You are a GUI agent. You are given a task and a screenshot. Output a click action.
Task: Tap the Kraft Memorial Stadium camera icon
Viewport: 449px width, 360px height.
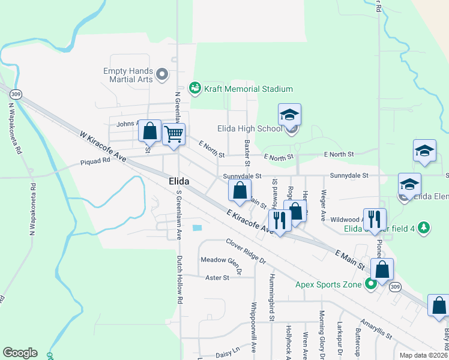194,89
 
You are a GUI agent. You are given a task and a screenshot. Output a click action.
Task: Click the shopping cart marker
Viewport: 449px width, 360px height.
173,134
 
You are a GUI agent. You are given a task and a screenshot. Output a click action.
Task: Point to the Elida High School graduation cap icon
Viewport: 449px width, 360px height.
290,114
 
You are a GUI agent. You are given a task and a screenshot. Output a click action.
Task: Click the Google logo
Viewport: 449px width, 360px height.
20,353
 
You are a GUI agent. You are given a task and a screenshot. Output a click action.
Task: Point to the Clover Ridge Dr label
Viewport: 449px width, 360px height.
246,251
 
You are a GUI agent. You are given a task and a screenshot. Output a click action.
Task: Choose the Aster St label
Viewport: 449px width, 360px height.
217,278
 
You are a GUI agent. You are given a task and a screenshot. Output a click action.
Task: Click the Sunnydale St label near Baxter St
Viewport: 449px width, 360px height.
243,176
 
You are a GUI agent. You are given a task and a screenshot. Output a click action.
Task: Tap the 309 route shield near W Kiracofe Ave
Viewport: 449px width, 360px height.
16,94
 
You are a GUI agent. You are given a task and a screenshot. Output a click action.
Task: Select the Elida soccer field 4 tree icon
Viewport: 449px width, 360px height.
424,227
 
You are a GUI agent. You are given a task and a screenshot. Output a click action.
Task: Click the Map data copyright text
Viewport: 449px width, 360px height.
424,355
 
